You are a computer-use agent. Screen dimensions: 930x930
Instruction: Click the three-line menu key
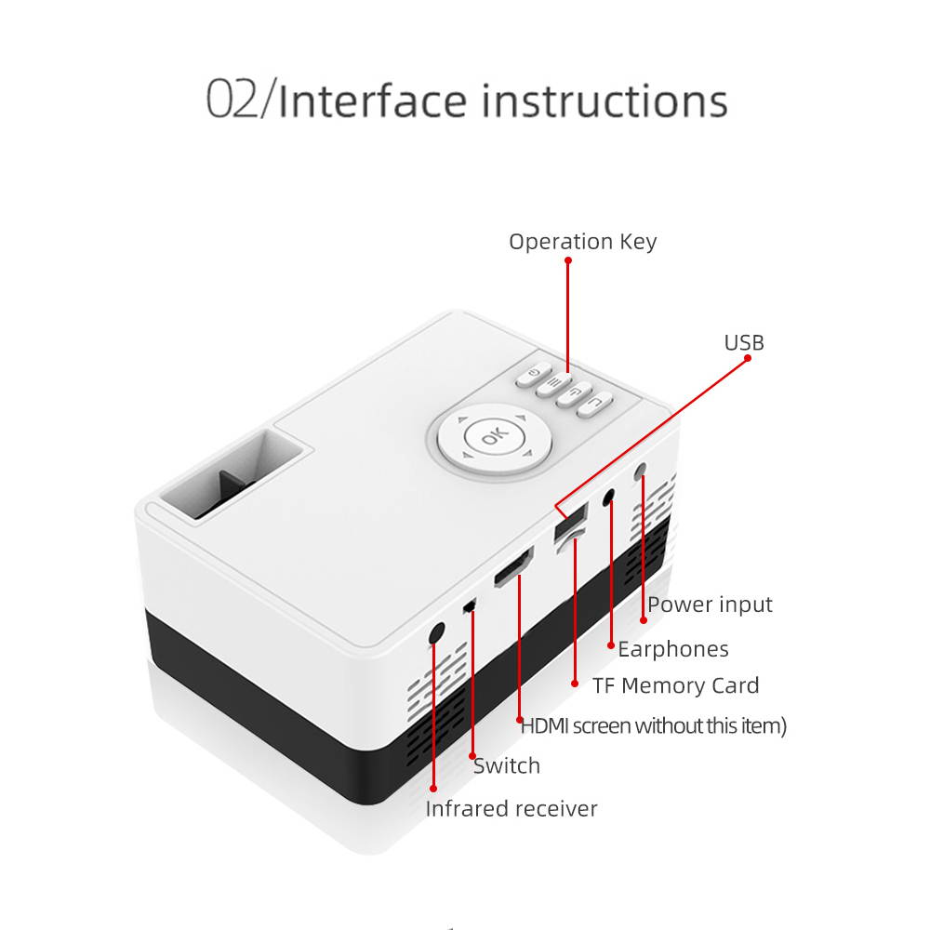click(x=554, y=382)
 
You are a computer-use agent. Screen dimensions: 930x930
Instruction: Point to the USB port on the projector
click(x=566, y=522)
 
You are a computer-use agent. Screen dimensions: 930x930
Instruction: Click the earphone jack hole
click(x=610, y=498)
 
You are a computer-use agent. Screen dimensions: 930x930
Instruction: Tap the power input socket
click(x=640, y=473)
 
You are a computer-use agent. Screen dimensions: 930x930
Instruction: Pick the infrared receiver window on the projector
click(x=436, y=632)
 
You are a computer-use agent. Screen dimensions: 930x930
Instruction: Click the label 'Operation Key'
click(x=582, y=242)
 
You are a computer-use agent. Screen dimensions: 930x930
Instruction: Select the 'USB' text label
click(x=744, y=343)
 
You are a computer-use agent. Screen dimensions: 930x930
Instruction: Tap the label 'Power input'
click(x=710, y=604)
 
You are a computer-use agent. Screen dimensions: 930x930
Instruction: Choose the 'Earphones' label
click(x=673, y=649)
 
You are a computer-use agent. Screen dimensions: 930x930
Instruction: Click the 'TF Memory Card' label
click(x=676, y=686)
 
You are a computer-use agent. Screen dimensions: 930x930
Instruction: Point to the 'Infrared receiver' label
click(x=511, y=809)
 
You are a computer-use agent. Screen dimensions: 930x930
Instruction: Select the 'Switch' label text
click(x=507, y=766)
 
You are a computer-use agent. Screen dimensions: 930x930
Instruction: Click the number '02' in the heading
click(x=232, y=100)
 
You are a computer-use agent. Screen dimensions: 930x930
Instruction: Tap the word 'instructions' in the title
click(x=604, y=100)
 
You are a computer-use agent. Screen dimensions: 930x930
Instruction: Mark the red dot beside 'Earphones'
click(x=610, y=644)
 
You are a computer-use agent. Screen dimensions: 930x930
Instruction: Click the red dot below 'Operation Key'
click(x=568, y=261)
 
